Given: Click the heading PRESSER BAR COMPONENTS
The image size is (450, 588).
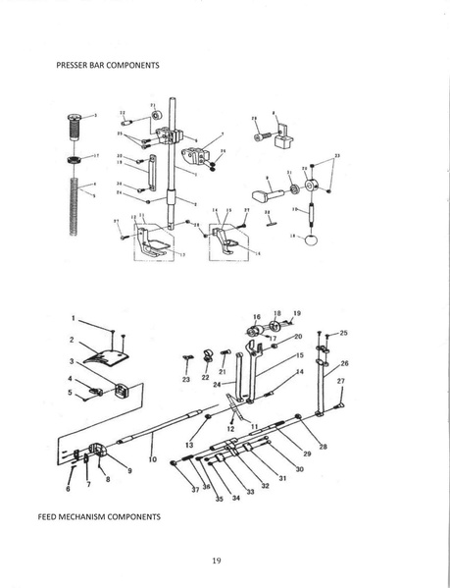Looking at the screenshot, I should (108, 66).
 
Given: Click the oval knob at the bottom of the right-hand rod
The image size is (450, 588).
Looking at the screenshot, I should (312, 240).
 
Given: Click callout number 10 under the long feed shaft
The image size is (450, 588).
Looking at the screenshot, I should (153, 458).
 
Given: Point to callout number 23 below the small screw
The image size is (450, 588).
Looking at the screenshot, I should (186, 378).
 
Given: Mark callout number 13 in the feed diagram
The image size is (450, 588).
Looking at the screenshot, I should (187, 445).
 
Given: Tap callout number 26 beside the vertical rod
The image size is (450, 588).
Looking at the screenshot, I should (343, 362).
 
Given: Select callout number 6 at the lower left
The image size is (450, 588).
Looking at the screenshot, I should (69, 487).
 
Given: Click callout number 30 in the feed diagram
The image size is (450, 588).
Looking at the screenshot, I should (299, 469).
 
